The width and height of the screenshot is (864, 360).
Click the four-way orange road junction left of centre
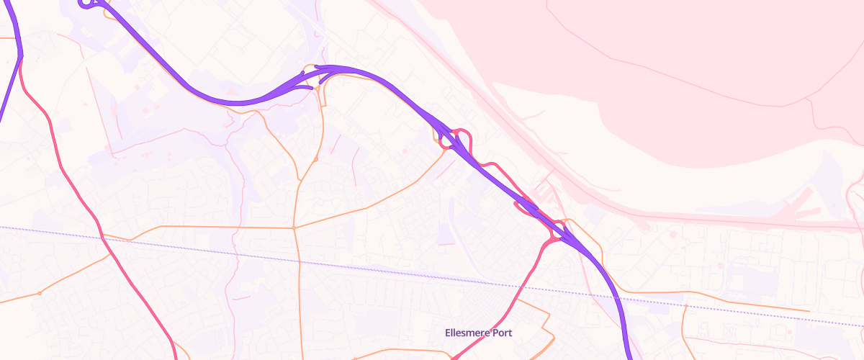click(x=294, y=228)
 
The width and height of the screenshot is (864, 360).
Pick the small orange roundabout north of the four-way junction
click(x=315, y=159)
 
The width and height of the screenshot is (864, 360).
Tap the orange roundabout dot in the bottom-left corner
click(x=40, y=294)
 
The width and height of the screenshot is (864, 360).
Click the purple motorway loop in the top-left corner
click(x=87, y=4)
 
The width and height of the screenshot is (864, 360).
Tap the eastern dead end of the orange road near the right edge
click(x=809, y=311)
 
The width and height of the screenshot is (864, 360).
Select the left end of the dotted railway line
click(x=1, y=227)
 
